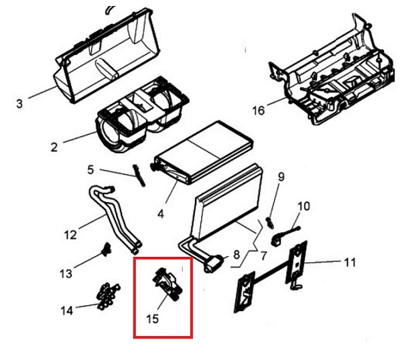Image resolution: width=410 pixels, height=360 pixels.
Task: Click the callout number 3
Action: coord(19,104)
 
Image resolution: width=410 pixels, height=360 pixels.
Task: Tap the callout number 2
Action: coord(54,147)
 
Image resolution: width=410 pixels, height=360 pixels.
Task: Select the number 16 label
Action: coord(259,110)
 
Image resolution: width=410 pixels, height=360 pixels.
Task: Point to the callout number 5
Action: coord(90,170)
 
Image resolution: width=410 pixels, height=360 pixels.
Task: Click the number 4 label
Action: coord(161,214)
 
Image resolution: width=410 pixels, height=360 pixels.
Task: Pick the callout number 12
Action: coord(70,235)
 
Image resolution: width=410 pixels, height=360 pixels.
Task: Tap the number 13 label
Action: coord(66,274)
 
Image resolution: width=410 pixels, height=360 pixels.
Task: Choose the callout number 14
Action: coord(67,310)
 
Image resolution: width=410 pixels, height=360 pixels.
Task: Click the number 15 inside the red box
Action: coord(153,319)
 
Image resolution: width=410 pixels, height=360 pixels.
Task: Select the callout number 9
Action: coord(281,177)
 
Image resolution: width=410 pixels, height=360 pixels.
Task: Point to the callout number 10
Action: coord(304,206)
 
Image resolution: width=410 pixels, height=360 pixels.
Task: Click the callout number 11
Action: coord(350,262)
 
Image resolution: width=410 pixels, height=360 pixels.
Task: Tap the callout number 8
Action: coord(236,254)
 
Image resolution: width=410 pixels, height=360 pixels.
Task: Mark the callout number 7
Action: coord(263,256)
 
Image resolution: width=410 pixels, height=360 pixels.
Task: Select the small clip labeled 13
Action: coord(106,249)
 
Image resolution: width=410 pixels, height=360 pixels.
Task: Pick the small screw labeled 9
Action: coord(270,223)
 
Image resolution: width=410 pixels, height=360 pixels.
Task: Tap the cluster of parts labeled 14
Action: coord(108,296)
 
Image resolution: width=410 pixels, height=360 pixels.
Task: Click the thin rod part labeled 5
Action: coord(139,175)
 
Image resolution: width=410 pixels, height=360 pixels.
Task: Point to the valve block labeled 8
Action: coord(213,264)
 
